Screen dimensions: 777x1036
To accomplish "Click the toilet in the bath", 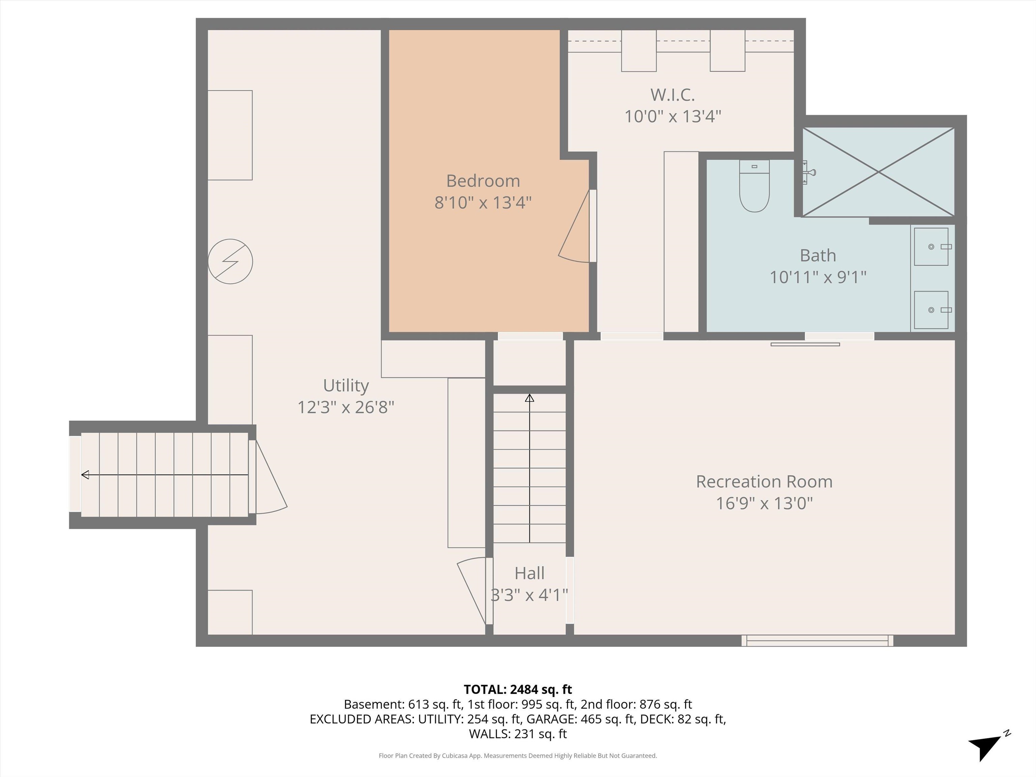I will [x=754, y=186].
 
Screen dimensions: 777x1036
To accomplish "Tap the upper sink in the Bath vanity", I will [x=931, y=247].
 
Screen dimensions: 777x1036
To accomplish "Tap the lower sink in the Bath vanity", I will [x=931, y=310].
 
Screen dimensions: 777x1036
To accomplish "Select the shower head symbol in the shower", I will [x=809, y=172].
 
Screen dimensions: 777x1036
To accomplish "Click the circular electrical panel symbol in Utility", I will [x=230, y=261].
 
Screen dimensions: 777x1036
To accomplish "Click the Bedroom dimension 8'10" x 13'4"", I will [x=483, y=203].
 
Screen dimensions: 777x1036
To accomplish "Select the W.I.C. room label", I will [x=672, y=95].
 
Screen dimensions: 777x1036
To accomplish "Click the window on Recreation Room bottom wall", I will [x=817, y=640].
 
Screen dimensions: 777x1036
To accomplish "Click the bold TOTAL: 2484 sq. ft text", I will [x=518, y=689].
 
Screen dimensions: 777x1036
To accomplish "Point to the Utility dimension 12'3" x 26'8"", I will [x=346, y=407].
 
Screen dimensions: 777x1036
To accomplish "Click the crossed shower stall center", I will [x=879, y=172].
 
